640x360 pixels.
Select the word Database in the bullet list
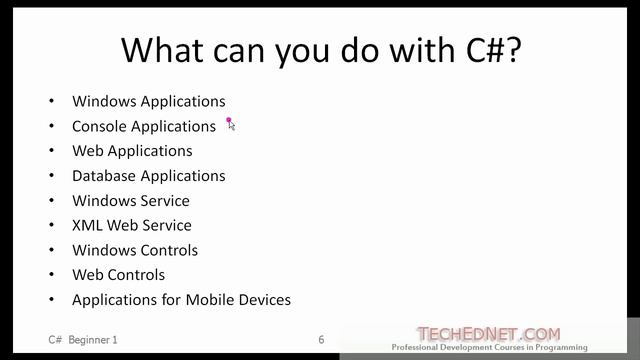tap(104, 176)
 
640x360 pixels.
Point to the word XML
tap(87, 225)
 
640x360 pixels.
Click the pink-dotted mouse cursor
tap(230, 123)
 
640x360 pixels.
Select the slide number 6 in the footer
tap(321, 340)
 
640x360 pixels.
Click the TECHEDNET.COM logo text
tap(488, 334)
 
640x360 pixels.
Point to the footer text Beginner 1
tap(93, 340)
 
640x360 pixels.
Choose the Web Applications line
tap(132, 151)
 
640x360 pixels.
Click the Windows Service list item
tap(130, 201)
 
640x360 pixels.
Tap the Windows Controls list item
tap(135, 250)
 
